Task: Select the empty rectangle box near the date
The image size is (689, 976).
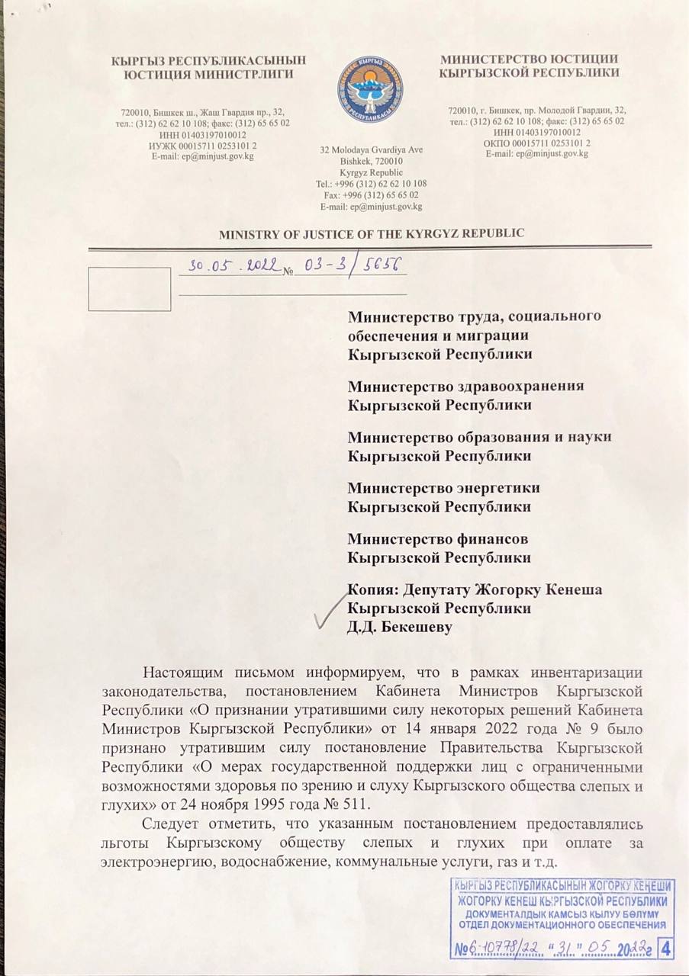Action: (x=129, y=289)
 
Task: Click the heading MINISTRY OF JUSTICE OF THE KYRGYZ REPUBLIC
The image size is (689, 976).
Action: (x=372, y=233)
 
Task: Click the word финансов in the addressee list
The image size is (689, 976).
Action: (x=491, y=539)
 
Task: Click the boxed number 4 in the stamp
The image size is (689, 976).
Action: (x=667, y=949)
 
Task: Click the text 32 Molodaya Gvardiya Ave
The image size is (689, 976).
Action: (x=372, y=149)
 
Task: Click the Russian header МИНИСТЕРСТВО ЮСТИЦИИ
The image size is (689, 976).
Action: (x=529, y=59)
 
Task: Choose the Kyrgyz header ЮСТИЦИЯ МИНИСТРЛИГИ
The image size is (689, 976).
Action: (x=208, y=73)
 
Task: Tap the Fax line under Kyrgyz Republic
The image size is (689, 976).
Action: (x=372, y=194)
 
